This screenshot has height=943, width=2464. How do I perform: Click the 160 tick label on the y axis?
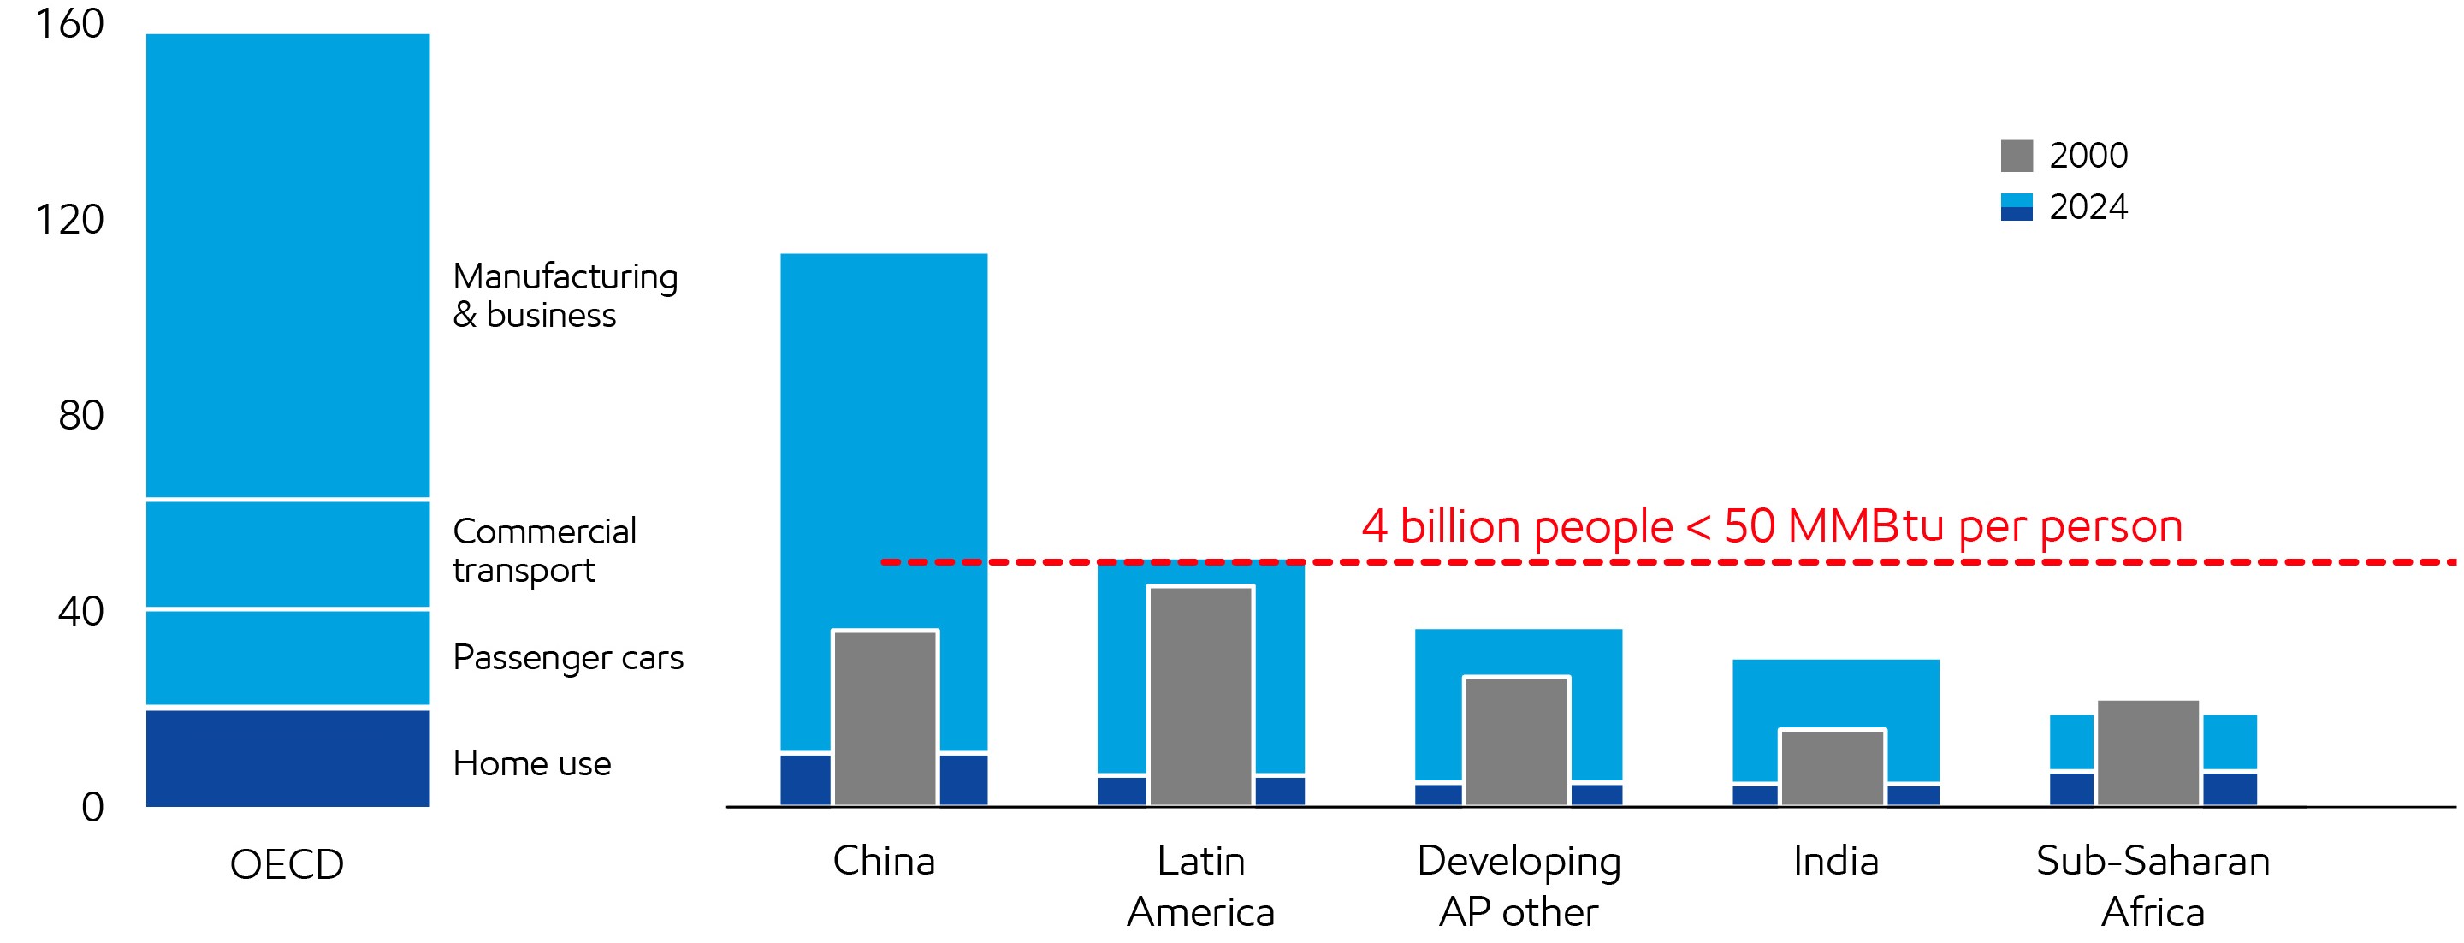[x=68, y=24]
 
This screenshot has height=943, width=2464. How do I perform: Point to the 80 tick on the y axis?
[x=80, y=416]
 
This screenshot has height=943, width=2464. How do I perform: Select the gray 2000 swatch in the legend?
[x=2017, y=156]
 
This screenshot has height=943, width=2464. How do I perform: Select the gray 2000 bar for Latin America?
[x=1200, y=696]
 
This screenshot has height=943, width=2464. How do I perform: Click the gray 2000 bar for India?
[x=1832, y=767]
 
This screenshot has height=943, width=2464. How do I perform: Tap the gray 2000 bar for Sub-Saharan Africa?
[x=2148, y=753]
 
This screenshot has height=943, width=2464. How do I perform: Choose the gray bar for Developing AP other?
[x=1516, y=741]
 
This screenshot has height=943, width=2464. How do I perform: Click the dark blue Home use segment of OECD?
[x=287, y=757]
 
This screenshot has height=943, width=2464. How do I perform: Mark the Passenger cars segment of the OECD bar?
[x=287, y=657]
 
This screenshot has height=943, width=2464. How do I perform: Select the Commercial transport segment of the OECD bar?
[x=287, y=554]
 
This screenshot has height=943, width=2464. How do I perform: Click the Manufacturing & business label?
[x=565, y=295]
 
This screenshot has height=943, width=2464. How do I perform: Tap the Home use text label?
[x=532, y=763]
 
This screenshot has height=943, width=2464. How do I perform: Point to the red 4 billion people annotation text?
[x=1772, y=526]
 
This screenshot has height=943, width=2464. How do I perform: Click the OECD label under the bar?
[x=287, y=864]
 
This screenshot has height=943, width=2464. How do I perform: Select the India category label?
[x=1835, y=861]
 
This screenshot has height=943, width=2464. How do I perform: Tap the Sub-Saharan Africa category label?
[x=2153, y=886]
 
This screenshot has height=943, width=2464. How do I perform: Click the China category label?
[x=884, y=861]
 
